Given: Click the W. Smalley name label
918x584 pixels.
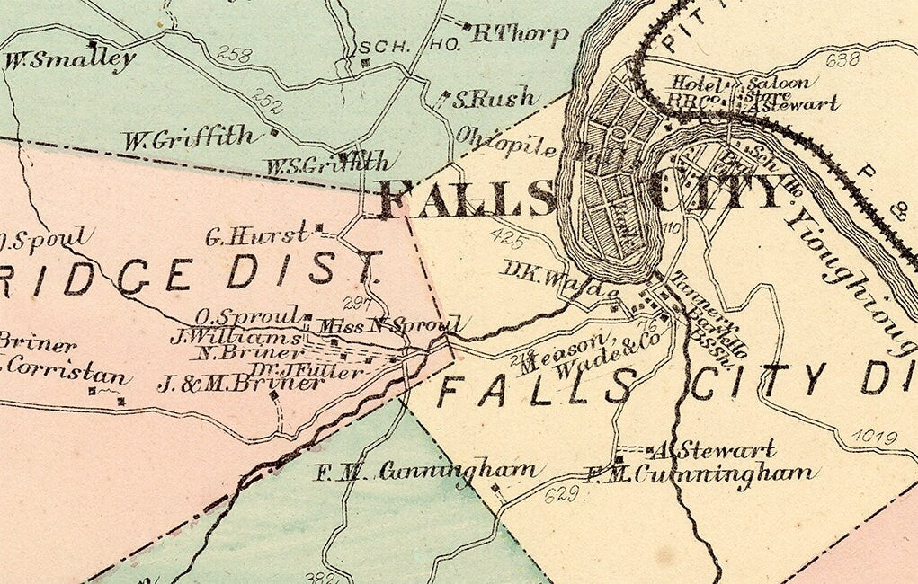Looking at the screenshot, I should [70, 61].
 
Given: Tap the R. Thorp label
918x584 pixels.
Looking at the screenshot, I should [521, 34].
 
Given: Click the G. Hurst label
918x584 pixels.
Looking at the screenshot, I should [256, 236].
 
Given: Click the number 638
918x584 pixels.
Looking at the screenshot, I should [842, 60].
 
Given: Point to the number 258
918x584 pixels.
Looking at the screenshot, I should [235, 55].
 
